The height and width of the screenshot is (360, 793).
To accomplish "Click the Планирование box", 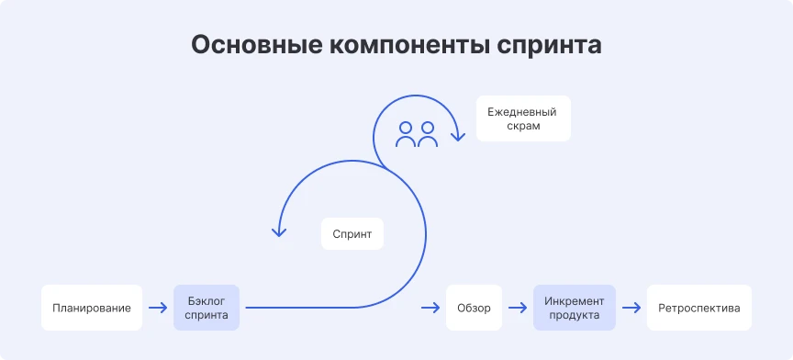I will coord(92,308).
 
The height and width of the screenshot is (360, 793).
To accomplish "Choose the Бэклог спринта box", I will coord(207,308).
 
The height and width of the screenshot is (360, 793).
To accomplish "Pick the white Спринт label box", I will coord(352,234).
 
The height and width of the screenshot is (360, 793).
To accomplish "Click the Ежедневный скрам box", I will coord(523,118).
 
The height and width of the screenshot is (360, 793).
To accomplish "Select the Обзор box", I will coord(475,308).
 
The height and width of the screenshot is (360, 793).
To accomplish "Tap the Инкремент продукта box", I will coord(575,308).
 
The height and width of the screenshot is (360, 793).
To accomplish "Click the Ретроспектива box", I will coord(699,308).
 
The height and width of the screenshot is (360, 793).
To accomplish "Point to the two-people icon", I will coord(416,134).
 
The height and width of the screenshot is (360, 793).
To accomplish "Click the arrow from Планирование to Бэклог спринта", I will coord(158,308).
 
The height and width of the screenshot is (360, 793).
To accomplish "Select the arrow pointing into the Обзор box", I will coord(430,308).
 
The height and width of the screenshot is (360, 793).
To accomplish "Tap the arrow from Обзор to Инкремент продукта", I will coord(519,308).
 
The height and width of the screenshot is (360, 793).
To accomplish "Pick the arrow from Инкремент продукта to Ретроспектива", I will coord(631,308).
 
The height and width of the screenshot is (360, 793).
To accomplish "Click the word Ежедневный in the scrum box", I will coord(523,110).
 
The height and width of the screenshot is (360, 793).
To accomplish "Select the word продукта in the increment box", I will coord(575,315).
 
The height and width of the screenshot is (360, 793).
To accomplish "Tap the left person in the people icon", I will coord(405,134).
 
